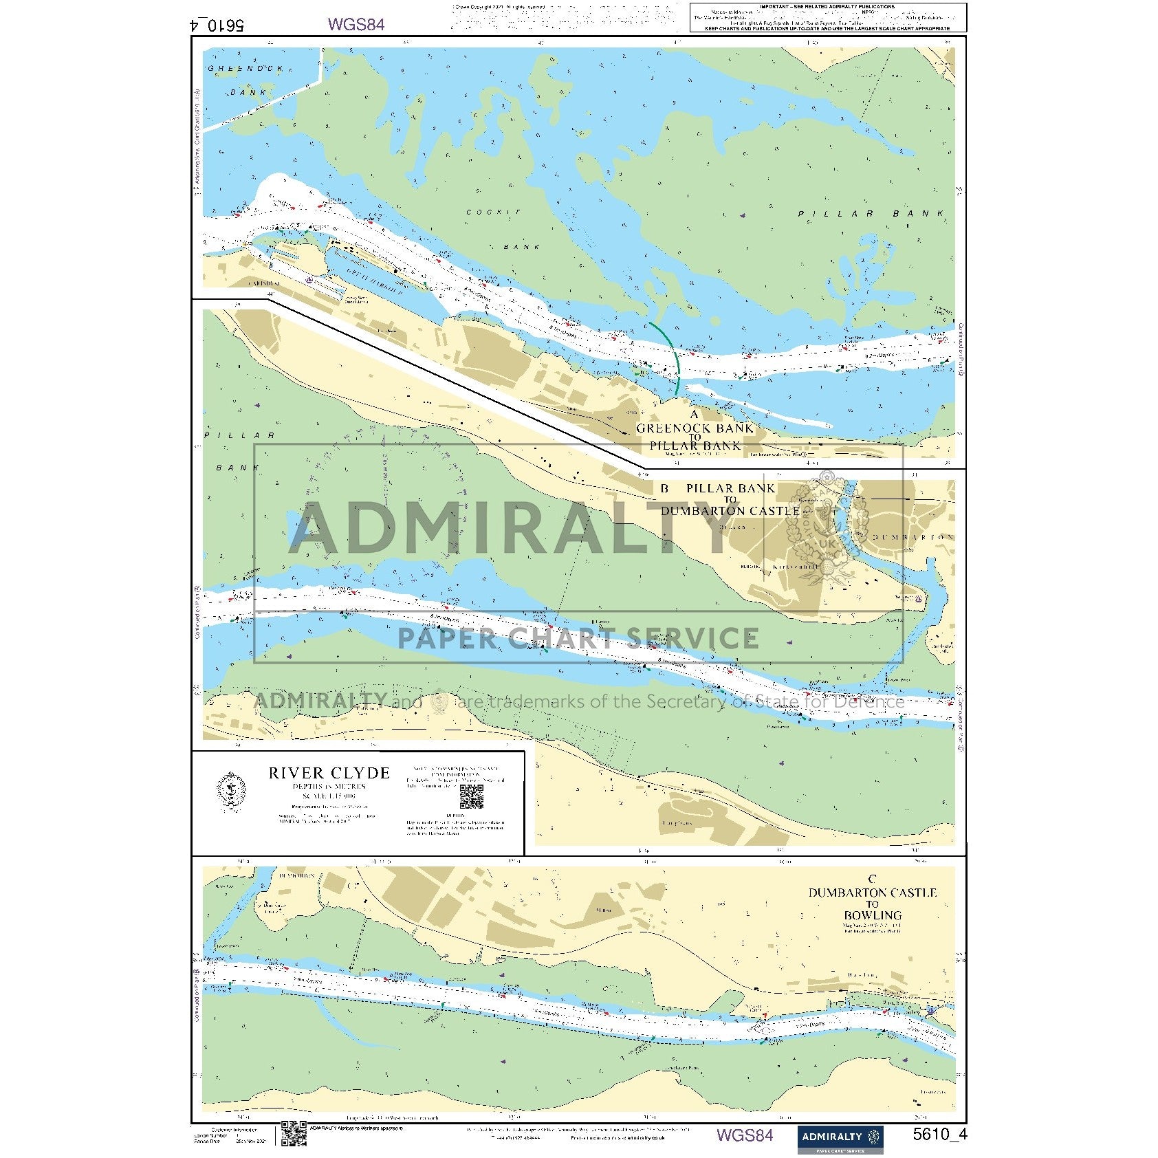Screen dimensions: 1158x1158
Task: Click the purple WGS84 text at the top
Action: [x=356, y=24]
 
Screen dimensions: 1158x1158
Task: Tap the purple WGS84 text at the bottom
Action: [x=744, y=1135]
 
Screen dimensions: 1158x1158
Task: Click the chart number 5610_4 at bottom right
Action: [x=939, y=1135]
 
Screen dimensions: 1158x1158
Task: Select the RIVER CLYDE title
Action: [x=329, y=773]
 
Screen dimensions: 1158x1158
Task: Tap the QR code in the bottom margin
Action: [x=294, y=1134]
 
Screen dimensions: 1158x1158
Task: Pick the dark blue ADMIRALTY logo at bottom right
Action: [x=840, y=1138]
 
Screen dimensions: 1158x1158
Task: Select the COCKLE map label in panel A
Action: [x=493, y=212]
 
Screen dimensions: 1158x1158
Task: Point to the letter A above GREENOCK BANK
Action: [x=694, y=414]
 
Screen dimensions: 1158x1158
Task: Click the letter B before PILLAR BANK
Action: [x=664, y=488]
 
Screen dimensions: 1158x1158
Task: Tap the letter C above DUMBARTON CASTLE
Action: [x=872, y=879]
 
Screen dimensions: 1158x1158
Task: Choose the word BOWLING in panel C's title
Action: [x=872, y=915]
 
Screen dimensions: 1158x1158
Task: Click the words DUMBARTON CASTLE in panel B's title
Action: [x=730, y=511]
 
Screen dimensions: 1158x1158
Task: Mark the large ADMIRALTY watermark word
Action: [x=509, y=529]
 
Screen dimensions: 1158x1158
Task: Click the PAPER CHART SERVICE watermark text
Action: [x=578, y=638]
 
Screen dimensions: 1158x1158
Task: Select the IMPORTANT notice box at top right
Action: [x=827, y=17]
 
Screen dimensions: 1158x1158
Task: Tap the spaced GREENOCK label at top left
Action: [x=245, y=69]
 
